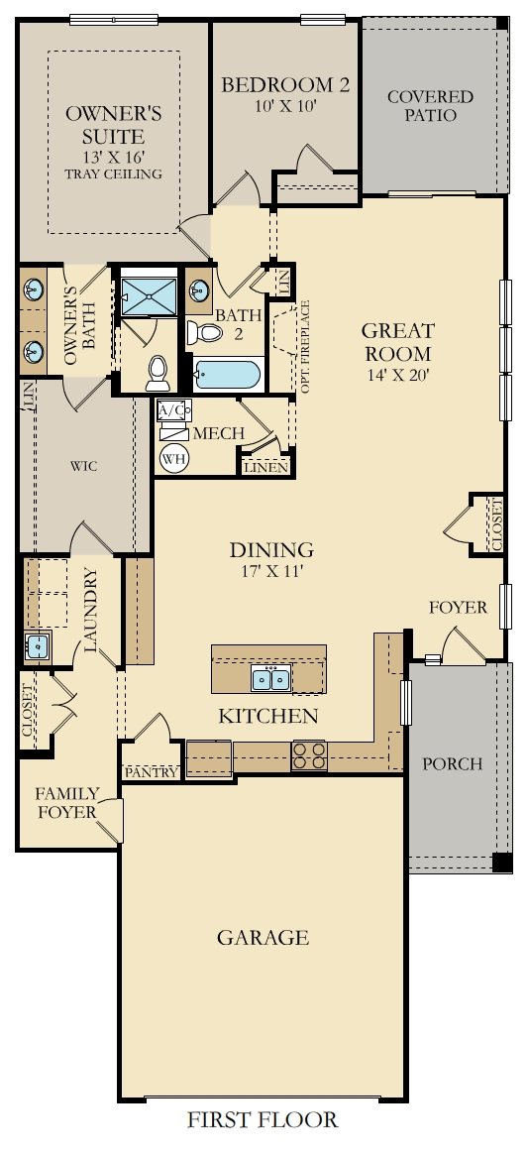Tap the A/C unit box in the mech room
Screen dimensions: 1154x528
[173, 409]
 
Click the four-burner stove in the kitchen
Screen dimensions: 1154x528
[308, 755]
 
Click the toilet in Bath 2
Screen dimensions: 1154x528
[205, 332]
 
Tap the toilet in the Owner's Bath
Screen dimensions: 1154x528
[158, 372]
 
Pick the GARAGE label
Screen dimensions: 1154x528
[264, 937]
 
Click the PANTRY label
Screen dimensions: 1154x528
[152, 771]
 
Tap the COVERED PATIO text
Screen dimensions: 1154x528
[430, 106]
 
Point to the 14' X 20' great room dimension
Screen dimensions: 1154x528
[396, 376]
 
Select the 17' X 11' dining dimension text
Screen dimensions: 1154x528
[271, 572]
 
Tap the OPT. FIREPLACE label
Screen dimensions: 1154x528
[305, 346]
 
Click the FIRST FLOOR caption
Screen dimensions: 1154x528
[263, 1120]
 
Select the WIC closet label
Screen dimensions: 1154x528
[80, 465]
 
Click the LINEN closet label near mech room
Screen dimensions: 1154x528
[264, 466]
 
